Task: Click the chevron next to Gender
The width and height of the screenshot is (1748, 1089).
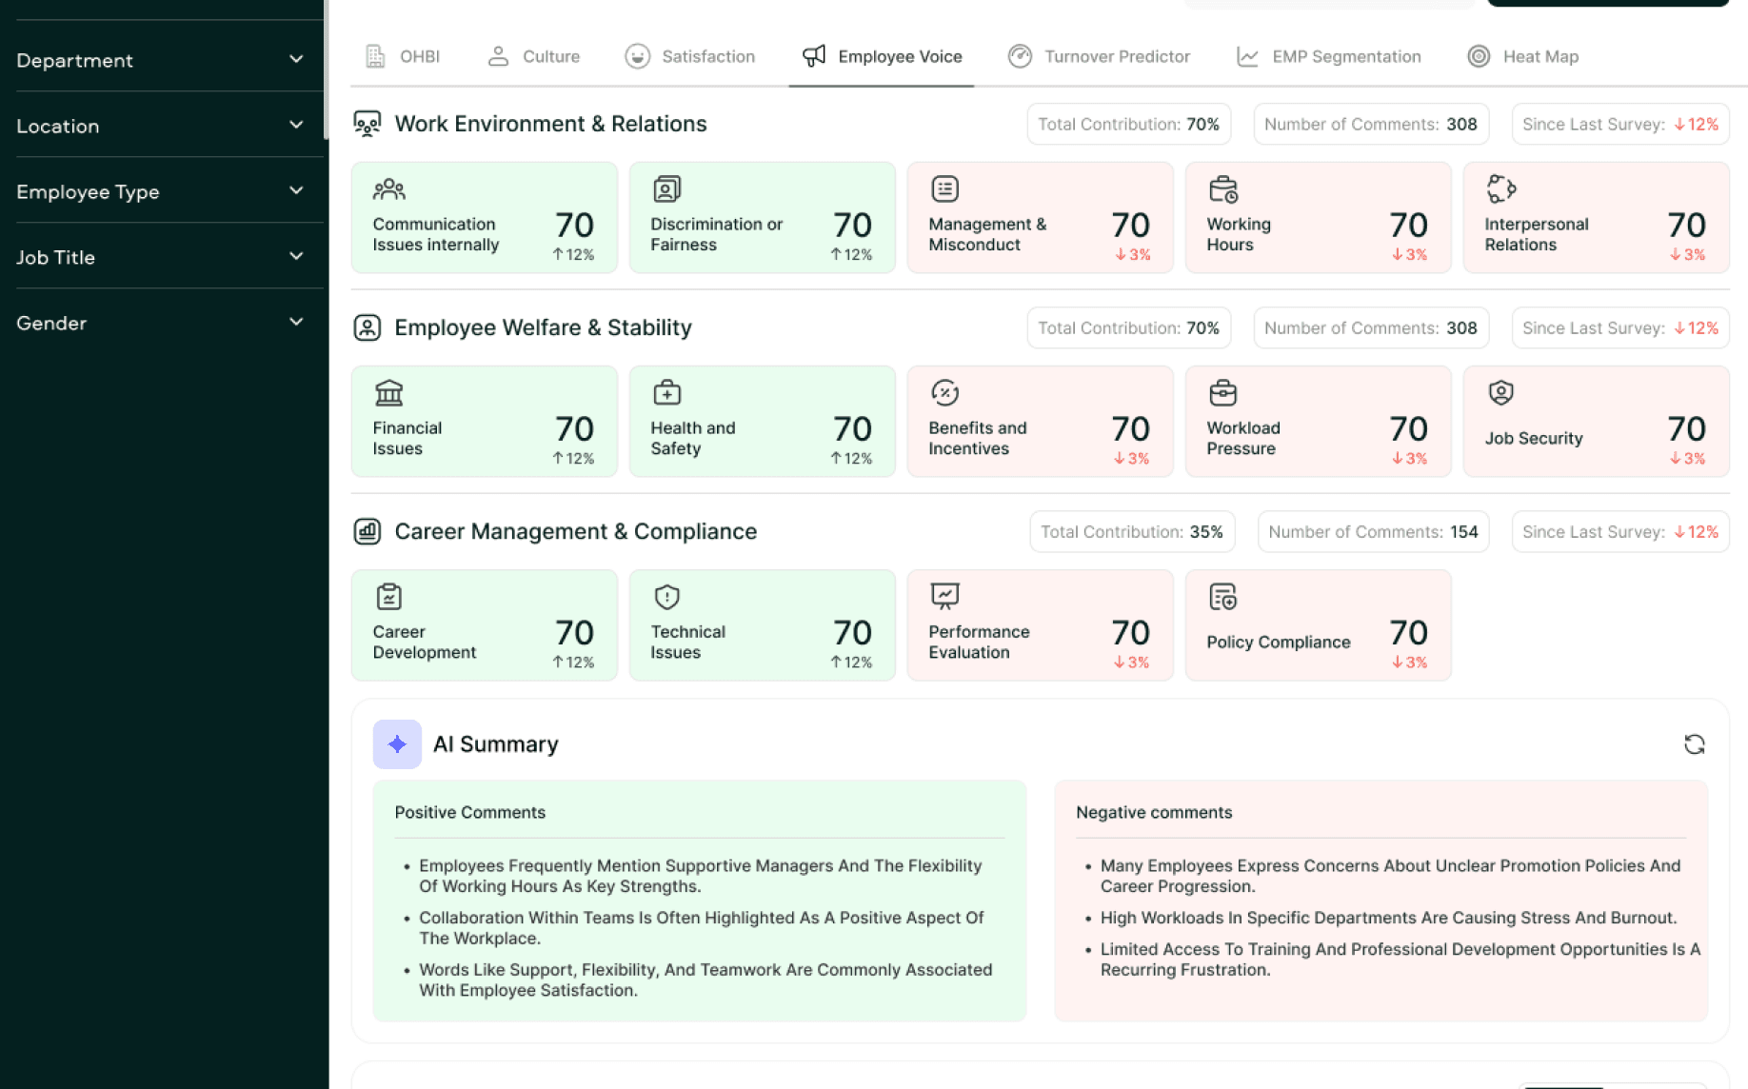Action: [x=296, y=322]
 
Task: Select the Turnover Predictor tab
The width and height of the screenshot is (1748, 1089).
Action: [x=1099, y=56]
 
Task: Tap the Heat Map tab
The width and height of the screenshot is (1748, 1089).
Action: [x=1522, y=56]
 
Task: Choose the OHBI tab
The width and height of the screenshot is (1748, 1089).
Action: [x=403, y=56]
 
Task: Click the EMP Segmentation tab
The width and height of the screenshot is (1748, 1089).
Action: [x=1328, y=56]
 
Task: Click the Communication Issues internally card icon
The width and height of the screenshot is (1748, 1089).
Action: [x=388, y=189]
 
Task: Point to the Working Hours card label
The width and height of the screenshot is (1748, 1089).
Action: [x=1239, y=234]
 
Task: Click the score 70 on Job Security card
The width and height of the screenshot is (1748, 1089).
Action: [x=1686, y=428]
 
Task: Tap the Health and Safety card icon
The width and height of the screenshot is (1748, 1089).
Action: [x=666, y=392]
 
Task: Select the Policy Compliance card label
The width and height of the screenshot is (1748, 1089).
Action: [x=1279, y=642]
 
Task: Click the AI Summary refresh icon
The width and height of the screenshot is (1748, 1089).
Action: [x=1694, y=744]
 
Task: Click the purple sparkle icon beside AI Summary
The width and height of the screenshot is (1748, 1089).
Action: [x=397, y=744]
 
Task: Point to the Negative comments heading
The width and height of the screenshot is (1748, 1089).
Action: [x=1154, y=812]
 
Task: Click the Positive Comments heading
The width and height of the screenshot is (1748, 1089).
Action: [x=470, y=812]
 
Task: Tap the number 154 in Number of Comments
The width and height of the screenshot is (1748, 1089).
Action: [x=1464, y=532]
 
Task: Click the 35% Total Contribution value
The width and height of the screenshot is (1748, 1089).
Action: [x=1206, y=532]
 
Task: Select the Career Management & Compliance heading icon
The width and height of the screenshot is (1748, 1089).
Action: [x=367, y=531]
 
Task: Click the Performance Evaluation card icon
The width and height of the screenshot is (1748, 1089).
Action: [x=944, y=596]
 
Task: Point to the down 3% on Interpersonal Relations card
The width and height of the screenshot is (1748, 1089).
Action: [x=1687, y=255]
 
